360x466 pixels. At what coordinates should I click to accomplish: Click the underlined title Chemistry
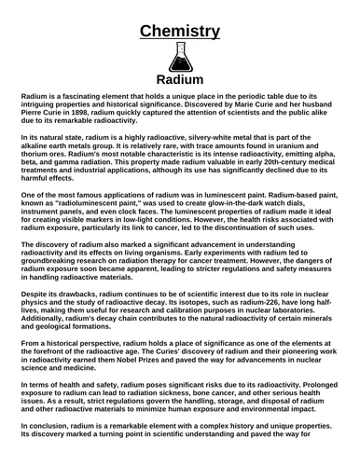tap(179, 31)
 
